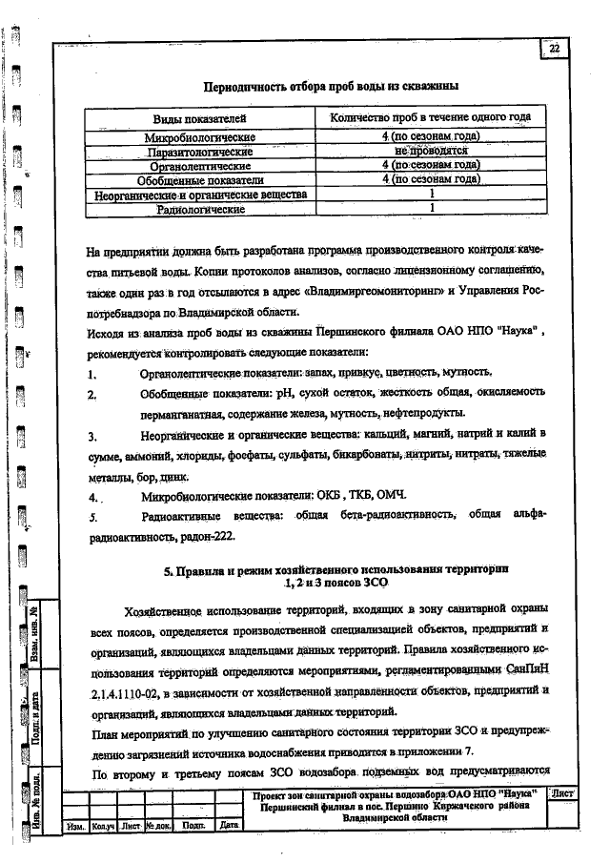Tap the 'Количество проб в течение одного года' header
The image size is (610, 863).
point(430,117)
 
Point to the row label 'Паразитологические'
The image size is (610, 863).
point(200,151)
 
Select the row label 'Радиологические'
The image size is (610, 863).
point(200,207)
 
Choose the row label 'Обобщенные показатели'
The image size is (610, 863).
point(200,178)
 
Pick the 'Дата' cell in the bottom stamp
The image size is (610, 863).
point(227,824)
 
